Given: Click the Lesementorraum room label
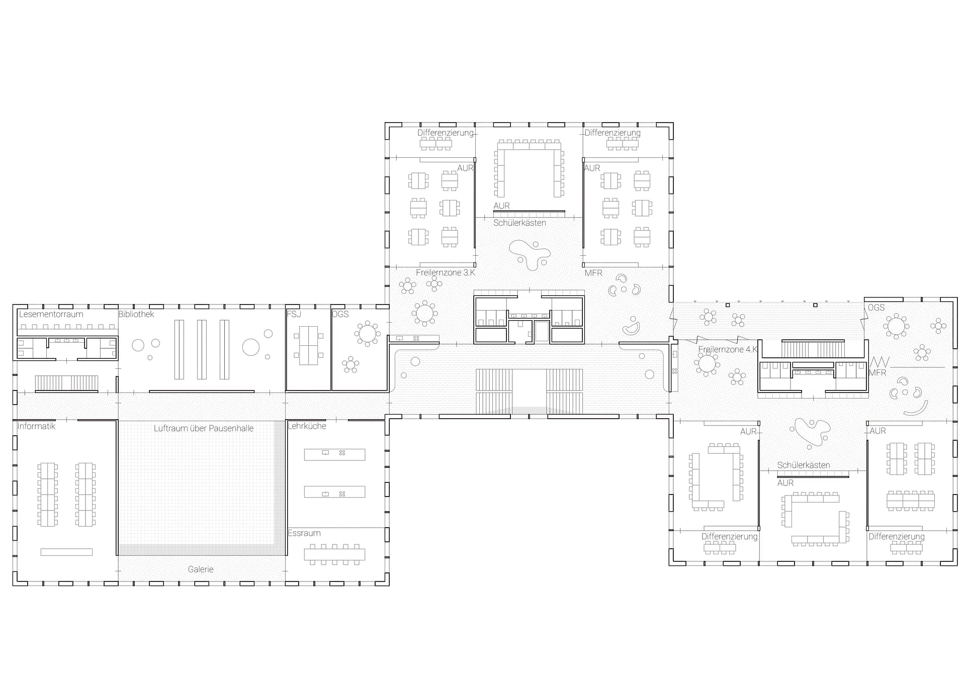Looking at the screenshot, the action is (51, 314).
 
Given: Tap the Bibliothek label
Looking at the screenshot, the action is (136, 314).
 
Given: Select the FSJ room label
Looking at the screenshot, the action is (294, 314).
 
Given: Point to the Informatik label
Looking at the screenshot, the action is (36, 426).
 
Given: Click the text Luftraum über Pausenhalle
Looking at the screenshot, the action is (204, 428).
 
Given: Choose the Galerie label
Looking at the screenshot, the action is (201, 569).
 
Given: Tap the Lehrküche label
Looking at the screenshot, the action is (307, 426).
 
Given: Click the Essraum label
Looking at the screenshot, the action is (304, 533).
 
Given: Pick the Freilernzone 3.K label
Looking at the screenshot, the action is (446, 272).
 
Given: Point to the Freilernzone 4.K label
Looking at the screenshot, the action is (728, 349).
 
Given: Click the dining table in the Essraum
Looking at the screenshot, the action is (334, 554).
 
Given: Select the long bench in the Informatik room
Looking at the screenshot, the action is (66, 552).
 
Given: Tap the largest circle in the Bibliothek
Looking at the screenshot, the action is (251, 347).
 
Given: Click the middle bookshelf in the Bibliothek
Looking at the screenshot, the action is (202, 349).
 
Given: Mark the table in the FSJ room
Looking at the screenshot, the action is (308, 346).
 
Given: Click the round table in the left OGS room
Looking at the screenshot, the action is (368, 333).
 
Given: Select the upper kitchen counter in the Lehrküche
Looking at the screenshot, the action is (334, 454).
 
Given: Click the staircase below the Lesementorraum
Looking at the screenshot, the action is (66, 383).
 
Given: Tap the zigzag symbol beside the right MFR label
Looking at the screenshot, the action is (880, 362).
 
